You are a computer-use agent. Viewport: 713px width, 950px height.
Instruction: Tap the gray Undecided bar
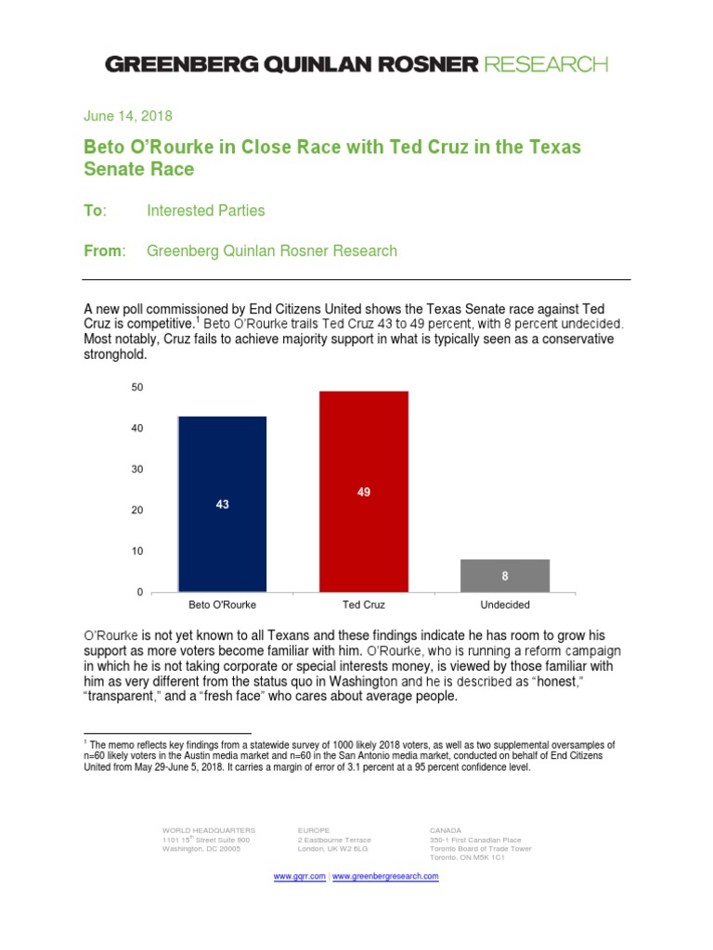click(505, 575)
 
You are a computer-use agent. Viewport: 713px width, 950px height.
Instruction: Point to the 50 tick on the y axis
click(137, 387)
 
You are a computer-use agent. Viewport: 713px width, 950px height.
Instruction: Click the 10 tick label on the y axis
click(137, 551)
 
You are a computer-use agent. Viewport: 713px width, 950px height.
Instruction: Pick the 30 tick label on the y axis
click(137, 469)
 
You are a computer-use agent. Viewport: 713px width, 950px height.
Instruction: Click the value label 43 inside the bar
click(222, 504)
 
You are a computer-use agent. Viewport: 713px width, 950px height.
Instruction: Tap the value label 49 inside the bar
click(364, 492)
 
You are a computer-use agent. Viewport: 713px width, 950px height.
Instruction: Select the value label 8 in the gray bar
click(505, 575)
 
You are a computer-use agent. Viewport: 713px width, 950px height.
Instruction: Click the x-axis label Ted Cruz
click(364, 605)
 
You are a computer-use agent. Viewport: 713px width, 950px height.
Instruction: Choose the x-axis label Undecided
click(505, 605)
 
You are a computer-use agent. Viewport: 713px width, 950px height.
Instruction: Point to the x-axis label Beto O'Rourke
click(222, 605)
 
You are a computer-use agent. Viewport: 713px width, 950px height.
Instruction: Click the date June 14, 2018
click(127, 116)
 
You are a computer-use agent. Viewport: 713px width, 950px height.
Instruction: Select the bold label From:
click(103, 250)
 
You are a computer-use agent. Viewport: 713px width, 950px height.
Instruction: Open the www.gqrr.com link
click(300, 876)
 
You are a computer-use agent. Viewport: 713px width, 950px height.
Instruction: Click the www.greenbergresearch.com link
click(385, 876)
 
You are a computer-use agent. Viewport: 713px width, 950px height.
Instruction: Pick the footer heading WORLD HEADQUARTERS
click(209, 828)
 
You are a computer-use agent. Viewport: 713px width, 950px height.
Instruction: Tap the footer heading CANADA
click(447, 828)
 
